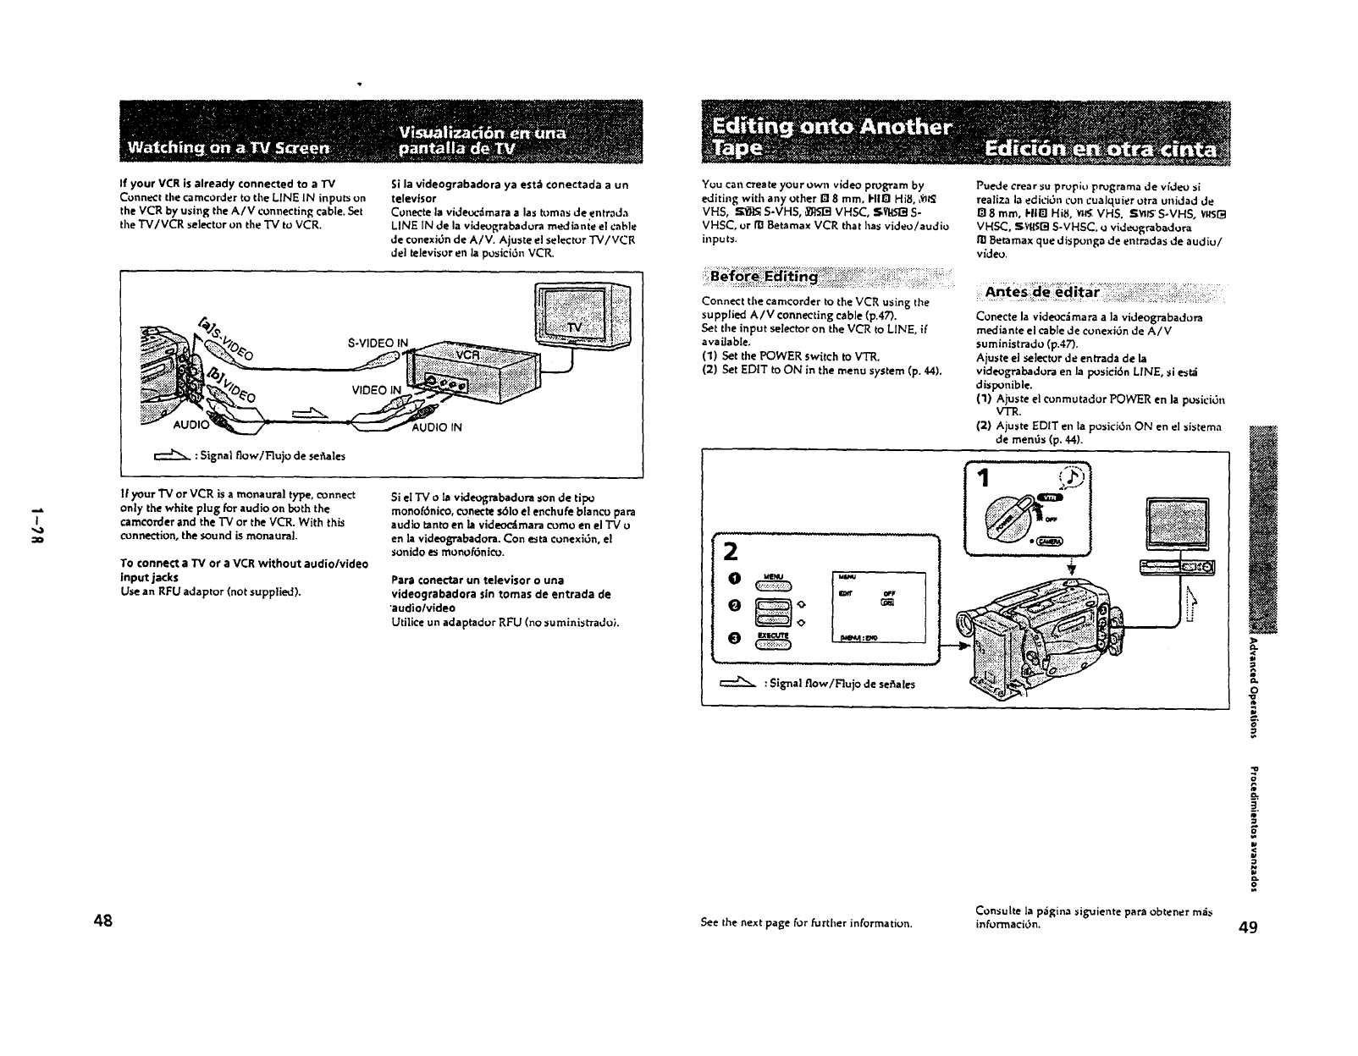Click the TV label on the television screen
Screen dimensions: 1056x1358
(576, 327)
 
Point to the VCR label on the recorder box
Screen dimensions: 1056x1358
(468, 356)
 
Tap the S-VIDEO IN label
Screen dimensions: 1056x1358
(378, 343)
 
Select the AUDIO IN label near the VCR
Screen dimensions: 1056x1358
(437, 427)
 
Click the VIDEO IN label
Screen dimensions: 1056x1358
(377, 390)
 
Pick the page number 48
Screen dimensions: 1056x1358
(105, 921)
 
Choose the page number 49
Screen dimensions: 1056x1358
(1248, 927)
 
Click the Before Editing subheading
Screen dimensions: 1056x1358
(764, 277)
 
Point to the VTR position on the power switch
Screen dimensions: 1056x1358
(1052, 498)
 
